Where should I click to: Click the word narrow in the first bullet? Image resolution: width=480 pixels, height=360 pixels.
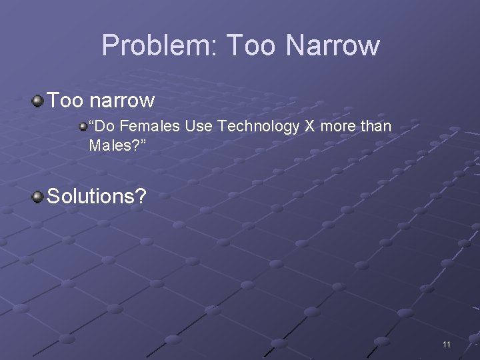click(x=121, y=101)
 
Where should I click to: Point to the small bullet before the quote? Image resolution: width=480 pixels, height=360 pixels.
click(x=83, y=125)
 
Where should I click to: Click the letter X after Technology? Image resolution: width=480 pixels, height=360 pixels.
click(x=309, y=126)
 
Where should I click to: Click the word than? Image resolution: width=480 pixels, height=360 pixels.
click(x=377, y=126)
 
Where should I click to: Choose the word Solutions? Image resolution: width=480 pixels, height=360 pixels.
click(x=95, y=197)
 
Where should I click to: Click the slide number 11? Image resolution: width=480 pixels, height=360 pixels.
click(x=446, y=344)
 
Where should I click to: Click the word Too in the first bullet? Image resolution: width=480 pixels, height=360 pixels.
click(x=64, y=101)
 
